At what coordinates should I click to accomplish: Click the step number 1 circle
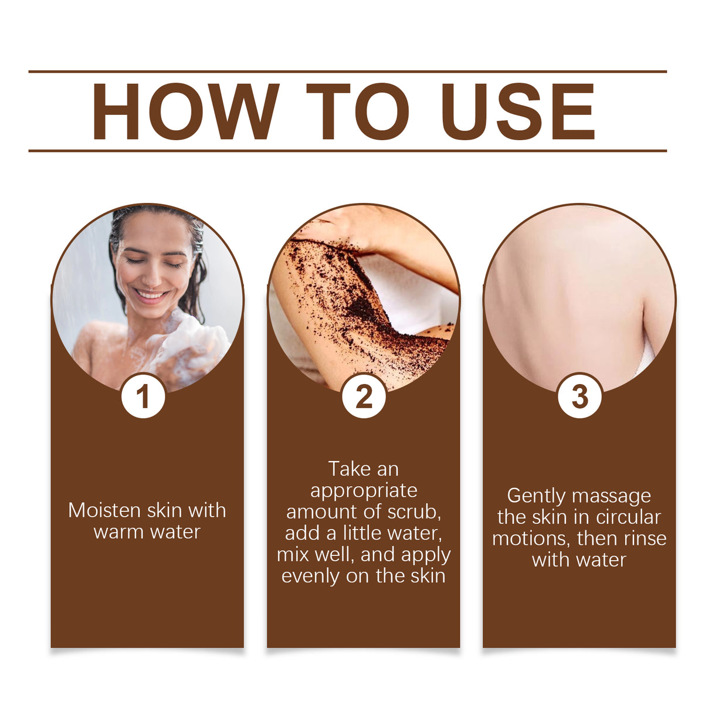pyautogui.click(x=143, y=396)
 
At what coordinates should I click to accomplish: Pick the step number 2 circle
pyautogui.click(x=364, y=396)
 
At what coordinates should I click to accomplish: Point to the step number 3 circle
pyautogui.click(x=579, y=396)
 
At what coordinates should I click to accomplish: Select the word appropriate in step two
pyautogui.click(x=364, y=490)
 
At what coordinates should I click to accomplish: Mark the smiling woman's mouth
pyautogui.click(x=151, y=295)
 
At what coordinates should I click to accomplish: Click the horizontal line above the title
pyautogui.click(x=347, y=72)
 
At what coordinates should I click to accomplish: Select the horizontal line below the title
pyautogui.click(x=347, y=151)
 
